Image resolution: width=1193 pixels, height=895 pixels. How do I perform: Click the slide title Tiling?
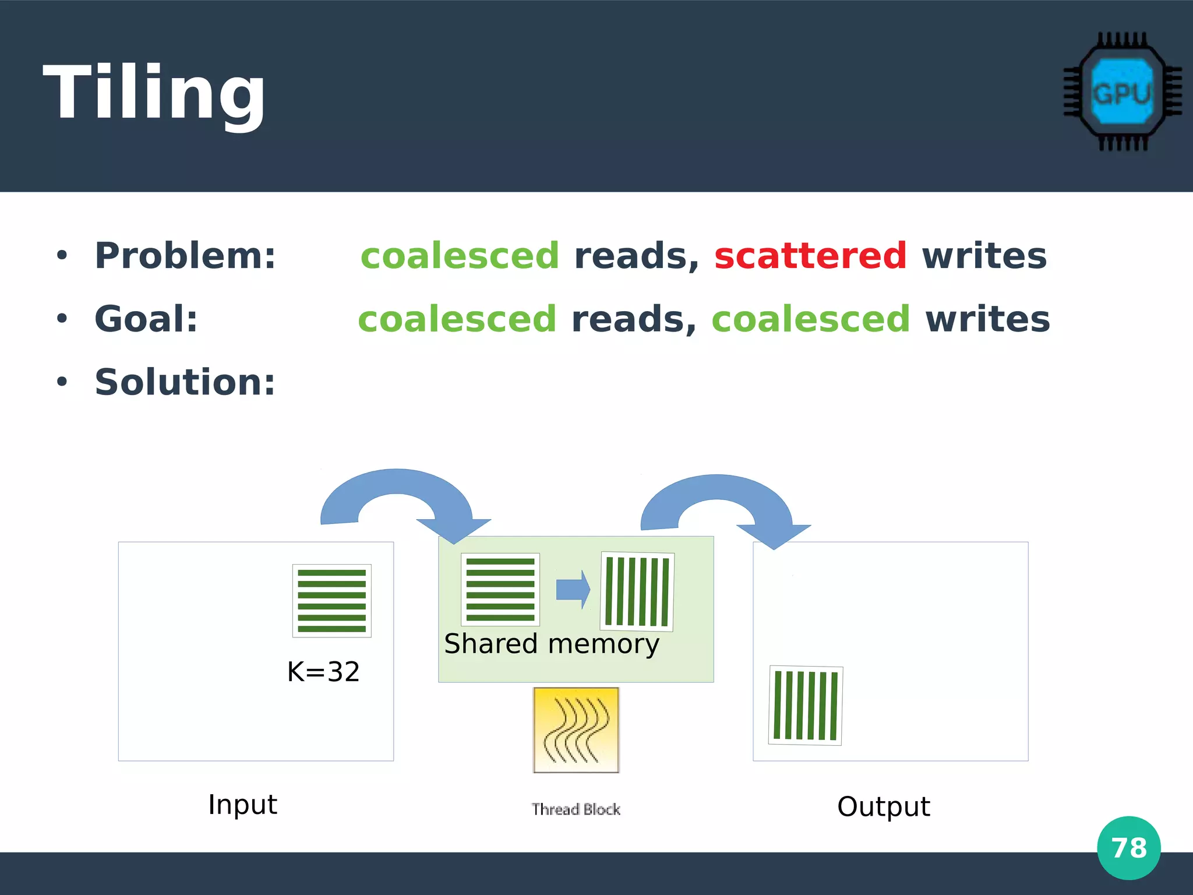point(154,93)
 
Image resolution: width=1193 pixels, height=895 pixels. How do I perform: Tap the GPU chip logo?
point(1121,92)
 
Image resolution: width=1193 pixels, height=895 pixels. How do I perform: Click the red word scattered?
point(810,256)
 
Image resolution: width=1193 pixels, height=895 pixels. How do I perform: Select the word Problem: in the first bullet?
point(185,256)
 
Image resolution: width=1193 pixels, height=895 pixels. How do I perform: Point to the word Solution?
point(185,382)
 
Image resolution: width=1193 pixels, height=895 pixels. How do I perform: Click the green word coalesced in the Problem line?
point(460,256)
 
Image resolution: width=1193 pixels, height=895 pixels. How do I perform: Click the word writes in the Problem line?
point(984,256)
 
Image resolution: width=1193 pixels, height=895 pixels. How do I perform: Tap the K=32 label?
point(323,671)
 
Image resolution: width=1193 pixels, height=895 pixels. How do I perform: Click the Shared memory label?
point(551,644)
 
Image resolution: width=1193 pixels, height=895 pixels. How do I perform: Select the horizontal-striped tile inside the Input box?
point(331,600)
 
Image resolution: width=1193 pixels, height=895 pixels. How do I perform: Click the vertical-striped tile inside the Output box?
point(806,706)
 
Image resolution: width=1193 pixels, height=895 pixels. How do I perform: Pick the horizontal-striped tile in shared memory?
point(500,589)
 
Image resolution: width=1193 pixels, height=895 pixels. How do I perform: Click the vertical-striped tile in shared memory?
point(637,591)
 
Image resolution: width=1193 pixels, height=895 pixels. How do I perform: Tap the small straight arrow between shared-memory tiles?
point(573,589)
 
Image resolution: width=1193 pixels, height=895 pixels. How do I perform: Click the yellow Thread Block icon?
point(576,730)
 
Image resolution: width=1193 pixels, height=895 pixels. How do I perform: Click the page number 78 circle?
point(1128,848)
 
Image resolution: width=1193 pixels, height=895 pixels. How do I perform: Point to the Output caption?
point(883,806)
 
